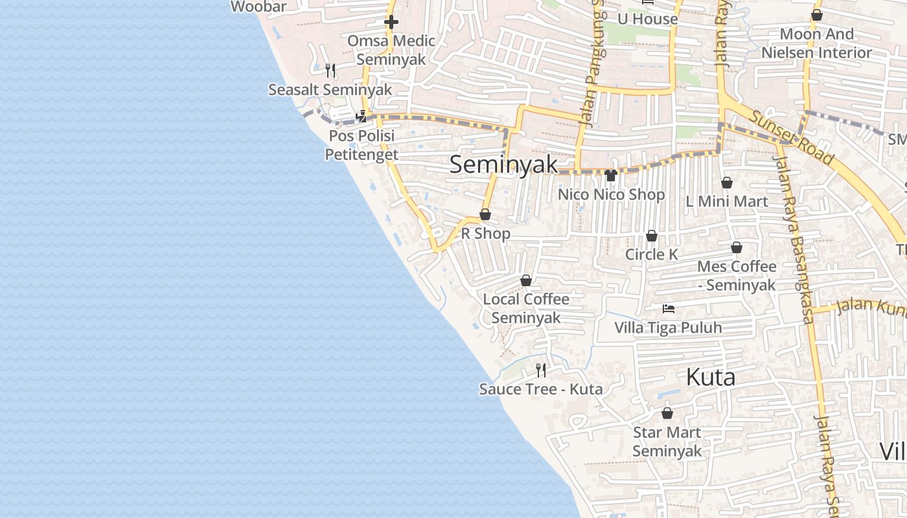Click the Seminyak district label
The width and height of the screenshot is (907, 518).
click(503, 164)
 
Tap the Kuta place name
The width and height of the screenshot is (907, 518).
click(710, 377)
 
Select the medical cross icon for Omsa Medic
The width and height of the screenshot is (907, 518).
click(391, 22)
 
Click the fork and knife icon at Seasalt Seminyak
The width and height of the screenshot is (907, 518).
click(330, 70)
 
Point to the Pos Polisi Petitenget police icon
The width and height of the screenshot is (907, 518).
click(362, 117)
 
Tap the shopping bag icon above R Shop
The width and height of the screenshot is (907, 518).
click(485, 214)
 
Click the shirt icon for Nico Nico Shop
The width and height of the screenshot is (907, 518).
click(610, 175)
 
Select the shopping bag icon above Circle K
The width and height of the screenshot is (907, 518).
click(652, 236)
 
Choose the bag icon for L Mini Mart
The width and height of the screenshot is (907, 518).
click(727, 183)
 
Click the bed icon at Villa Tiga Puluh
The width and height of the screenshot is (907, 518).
click(668, 309)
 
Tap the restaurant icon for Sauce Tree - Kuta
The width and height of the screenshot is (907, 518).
click(541, 370)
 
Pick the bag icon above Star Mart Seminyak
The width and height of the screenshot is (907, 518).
click(667, 413)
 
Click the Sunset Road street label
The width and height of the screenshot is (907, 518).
click(792, 137)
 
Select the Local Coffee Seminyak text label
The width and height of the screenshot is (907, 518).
click(526, 308)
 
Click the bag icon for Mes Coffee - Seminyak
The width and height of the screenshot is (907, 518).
click(737, 247)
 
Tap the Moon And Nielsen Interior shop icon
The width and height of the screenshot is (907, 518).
click(817, 15)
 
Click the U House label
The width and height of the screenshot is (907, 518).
click(647, 19)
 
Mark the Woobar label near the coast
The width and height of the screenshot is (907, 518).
click(258, 7)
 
